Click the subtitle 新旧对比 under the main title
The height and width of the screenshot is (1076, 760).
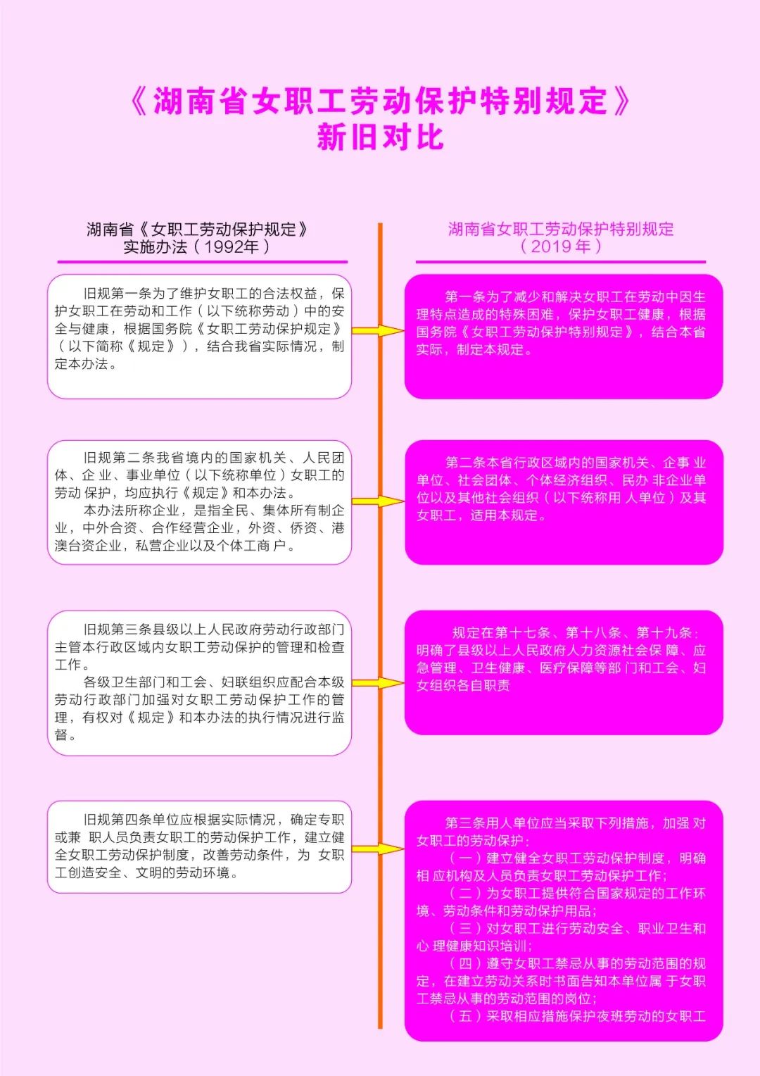click(x=380, y=137)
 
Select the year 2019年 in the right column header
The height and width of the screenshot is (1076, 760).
click(x=560, y=246)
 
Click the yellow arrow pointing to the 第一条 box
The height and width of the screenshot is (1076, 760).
click(x=378, y=330)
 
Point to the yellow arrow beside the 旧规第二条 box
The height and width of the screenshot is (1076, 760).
click(x=378, y=501)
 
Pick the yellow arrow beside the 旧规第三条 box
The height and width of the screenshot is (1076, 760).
click(x=378, y=682)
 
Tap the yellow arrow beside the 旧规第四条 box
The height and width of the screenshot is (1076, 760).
click(x=378, y=849)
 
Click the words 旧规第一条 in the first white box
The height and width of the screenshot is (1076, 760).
click(x=118, y=294)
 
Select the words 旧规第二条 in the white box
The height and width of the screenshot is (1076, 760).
click(x=118, y=458)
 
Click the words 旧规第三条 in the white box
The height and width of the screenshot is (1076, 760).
click(x=118, y=630)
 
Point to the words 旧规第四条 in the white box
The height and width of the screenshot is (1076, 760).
click(x=118, y=820)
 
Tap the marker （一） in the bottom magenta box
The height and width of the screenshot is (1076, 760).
click(x=465, y=858)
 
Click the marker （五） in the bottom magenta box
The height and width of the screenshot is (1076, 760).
click(x=465, y=1016)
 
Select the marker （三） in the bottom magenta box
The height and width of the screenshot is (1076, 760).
click(x=465, y=929)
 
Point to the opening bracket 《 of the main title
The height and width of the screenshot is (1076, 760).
click(x=139, y=101)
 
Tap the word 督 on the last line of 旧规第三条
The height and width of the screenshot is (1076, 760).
click(x=61, y=735)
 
